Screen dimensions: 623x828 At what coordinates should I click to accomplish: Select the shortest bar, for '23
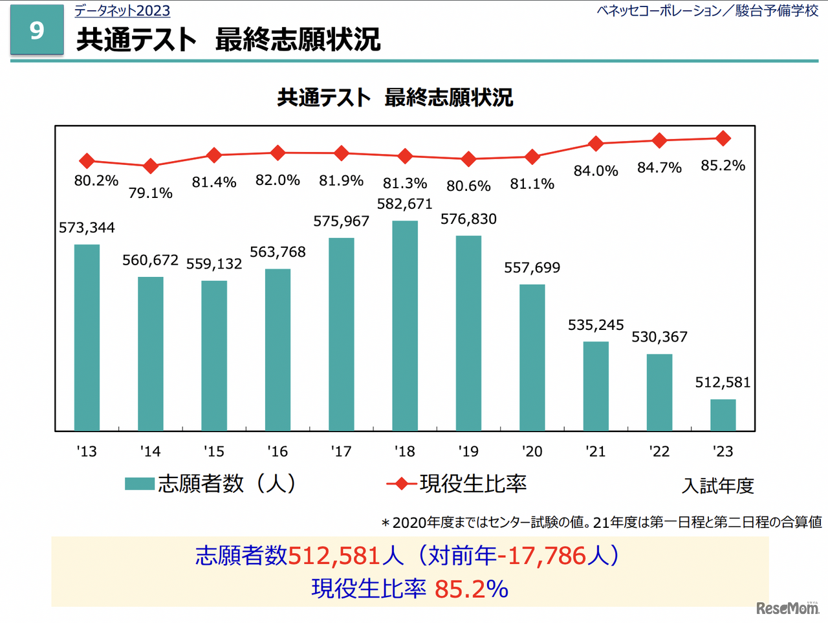[723, 415]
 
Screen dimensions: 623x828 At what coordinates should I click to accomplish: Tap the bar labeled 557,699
[532, 357]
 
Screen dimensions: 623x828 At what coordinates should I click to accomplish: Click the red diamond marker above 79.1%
[150, 166]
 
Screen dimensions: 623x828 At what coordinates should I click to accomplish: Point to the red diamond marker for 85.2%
[723, 138]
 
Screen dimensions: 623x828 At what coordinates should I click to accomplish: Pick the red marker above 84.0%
[596, 143]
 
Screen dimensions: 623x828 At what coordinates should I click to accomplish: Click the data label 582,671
[405, 204]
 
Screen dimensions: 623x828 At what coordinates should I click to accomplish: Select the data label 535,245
[596, 325]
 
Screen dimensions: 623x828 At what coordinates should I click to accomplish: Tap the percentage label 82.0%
[278, 180]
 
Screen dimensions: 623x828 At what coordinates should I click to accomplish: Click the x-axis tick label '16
[278, 452]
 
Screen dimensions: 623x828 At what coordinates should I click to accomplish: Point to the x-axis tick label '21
[595, 452]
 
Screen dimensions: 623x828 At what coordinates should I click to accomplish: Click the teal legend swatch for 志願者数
[139, 484]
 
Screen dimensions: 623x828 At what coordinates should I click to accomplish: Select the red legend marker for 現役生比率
[401, 484]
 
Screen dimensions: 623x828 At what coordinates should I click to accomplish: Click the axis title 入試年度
[718, 486]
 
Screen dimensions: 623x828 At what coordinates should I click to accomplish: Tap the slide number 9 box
[37, 30]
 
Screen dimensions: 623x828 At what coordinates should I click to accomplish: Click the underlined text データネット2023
[122, 11]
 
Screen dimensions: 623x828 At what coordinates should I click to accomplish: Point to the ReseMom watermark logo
[787, 607]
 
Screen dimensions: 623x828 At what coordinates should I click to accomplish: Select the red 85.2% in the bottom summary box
[471, 589]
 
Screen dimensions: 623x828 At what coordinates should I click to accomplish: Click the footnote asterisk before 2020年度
[386, 523]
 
